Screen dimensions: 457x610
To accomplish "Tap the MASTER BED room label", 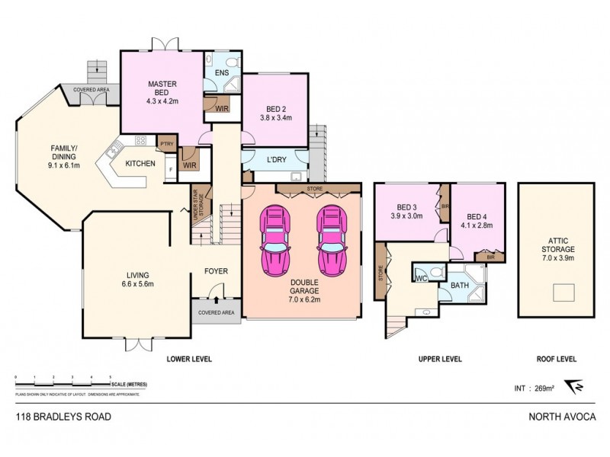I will point(162,91).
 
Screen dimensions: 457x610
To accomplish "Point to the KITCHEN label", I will point(140,164).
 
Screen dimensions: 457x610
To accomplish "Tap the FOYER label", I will point(216,270).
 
